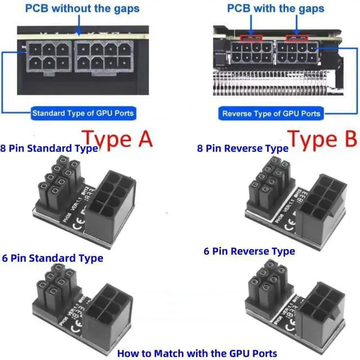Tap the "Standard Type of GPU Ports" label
click(83, 113)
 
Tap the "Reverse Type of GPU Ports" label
click(271, 114)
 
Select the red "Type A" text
click(117, 138)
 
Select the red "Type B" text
click(322, 138)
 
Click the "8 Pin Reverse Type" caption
click(242, 148)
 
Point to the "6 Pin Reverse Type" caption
click(249, 251)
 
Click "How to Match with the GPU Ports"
click(197, 353)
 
